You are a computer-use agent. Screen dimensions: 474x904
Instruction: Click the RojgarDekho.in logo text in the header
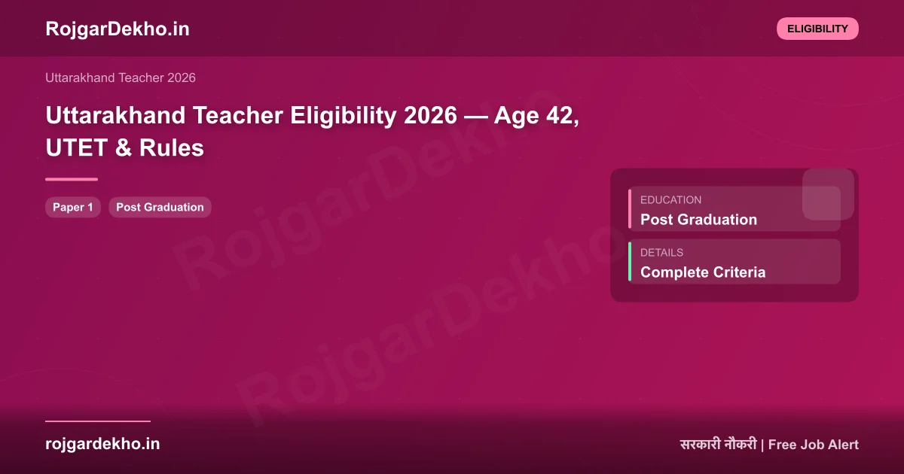pos(118,29)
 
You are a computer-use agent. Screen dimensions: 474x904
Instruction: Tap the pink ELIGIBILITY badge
pos(817,29)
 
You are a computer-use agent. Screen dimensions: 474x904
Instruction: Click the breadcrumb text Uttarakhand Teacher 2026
pos(121,77)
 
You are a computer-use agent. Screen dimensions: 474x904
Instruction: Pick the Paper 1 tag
pos(73,207)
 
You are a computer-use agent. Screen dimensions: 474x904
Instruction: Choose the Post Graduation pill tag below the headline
pos(160,207)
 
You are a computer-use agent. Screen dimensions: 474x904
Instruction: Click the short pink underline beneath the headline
pos(72,179)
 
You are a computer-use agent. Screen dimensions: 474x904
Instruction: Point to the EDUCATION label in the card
pos(670,200)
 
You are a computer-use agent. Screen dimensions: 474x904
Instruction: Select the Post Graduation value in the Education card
pos(698,220)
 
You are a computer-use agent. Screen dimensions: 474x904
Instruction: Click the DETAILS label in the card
pos(661,253)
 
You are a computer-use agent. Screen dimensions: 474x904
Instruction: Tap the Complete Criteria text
pos(702,272)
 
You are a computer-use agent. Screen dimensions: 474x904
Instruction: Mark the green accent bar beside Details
pos(630,262)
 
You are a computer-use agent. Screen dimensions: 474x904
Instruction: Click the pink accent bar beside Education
pos(630,209)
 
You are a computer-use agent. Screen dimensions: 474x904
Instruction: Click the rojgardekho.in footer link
pos(102,444)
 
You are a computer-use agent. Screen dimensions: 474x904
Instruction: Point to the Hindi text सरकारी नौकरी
pos(718,445)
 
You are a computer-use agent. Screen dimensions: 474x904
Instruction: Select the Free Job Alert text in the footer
pos(814,445)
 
